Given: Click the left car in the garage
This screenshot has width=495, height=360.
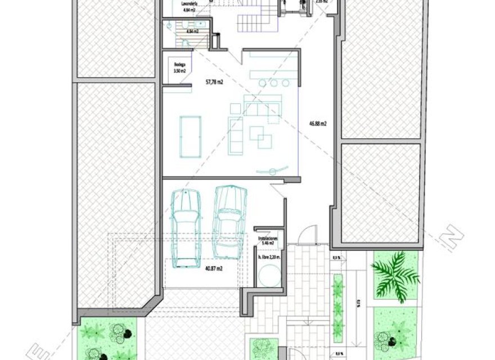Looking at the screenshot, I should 186,228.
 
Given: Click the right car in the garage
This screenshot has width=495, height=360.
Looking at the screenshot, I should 229,222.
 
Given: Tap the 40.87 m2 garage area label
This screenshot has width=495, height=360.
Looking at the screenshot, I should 214,269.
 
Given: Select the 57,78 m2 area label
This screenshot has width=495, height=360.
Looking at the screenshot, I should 214,82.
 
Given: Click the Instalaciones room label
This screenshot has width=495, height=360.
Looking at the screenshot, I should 269,240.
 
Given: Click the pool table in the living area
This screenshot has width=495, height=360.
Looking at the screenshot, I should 190,137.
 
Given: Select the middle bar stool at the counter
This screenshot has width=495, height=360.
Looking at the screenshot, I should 273,83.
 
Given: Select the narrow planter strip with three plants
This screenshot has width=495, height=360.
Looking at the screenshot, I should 338,307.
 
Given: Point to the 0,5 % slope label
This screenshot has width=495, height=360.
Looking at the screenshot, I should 336,258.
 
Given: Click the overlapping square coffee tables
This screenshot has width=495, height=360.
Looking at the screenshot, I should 260,136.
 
